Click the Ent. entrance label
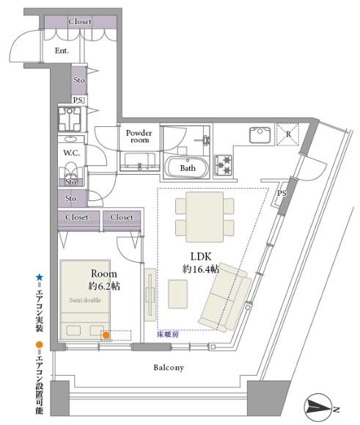click(x=62, y=51)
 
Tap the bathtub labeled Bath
click(x=187, y=167)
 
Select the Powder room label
click(x=139, y=136)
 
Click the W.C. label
click(x=72, y=153)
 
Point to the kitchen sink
click(x=260, y=135)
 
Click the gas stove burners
click(x=224, y=165)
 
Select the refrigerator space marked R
click(x=287, y=134)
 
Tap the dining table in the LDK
click(x=205, y=217)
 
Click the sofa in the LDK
click(x=226, y=297)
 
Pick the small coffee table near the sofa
click(x=178, y=294)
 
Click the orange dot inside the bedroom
click(x=106, y=335)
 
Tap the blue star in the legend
click(x=40, y=277)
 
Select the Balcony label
click(x=169, y=368)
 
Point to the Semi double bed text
click(x=85, y=300)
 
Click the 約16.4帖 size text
click(x=201, y=269)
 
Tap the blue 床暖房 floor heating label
click(x=168, y=335)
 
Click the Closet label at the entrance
click(x=80, y=21)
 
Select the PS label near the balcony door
click(x=282, y=193)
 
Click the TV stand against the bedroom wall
click(x=150, y=294)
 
